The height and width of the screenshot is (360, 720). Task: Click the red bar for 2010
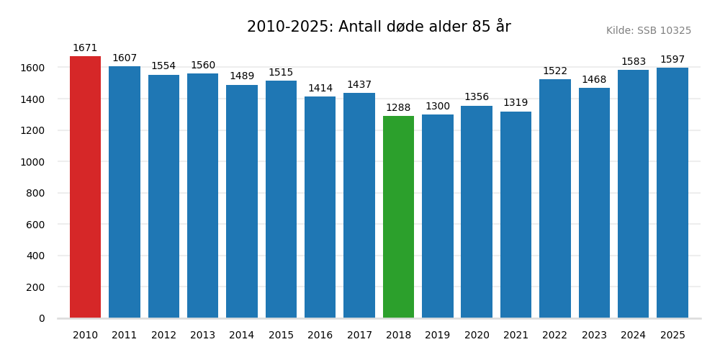pyautogui.click(x=85, y=187)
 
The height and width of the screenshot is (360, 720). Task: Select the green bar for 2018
pyautogui.click(x=398, y=217)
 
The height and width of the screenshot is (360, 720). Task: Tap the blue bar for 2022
pyautogui.click(x=555, y=199)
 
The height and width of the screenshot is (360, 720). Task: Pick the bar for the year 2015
pyautogui.click(x=281, y=199)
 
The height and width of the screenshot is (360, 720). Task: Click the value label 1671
pyautogui.click(x=85, y=48)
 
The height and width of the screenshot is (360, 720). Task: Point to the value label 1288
pyautogui.click(x=398, y=108)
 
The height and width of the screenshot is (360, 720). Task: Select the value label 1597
pyautogui.click(x=672, y=60)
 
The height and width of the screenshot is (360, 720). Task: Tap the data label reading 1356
pyautogui.click(x=477, y=97)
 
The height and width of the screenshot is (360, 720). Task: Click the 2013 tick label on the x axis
pyautogui.click(x=202, y=336)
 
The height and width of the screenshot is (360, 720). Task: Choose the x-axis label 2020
pyautogui.click(x=477, y=336)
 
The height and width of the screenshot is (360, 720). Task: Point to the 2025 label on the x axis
pyautogui.click(x=672, y=336)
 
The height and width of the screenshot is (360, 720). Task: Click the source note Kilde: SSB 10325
pyautogui.click(x=648, y=31)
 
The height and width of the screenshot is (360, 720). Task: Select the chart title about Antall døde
pyautogui.click(x=379, y=27)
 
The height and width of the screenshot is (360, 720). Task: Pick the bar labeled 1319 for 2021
pyautogui.click(x=516, y=215)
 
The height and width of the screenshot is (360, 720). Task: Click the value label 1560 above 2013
pyautogui.click(x=202, y=66)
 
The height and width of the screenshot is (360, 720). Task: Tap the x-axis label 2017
pyautogui.click(x=359, y=336)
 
